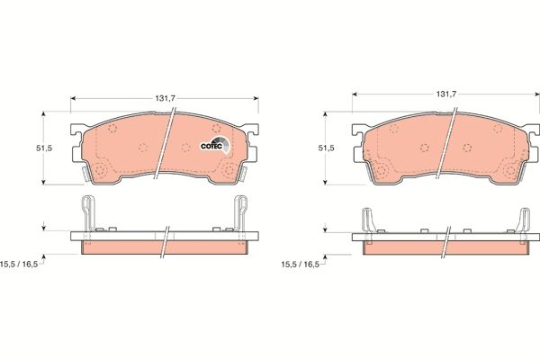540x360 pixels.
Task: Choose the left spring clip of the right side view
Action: coord(369,221)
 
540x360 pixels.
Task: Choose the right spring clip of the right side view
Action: coord(523,221)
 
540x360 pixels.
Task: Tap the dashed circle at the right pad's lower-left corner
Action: coord(382,170)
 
